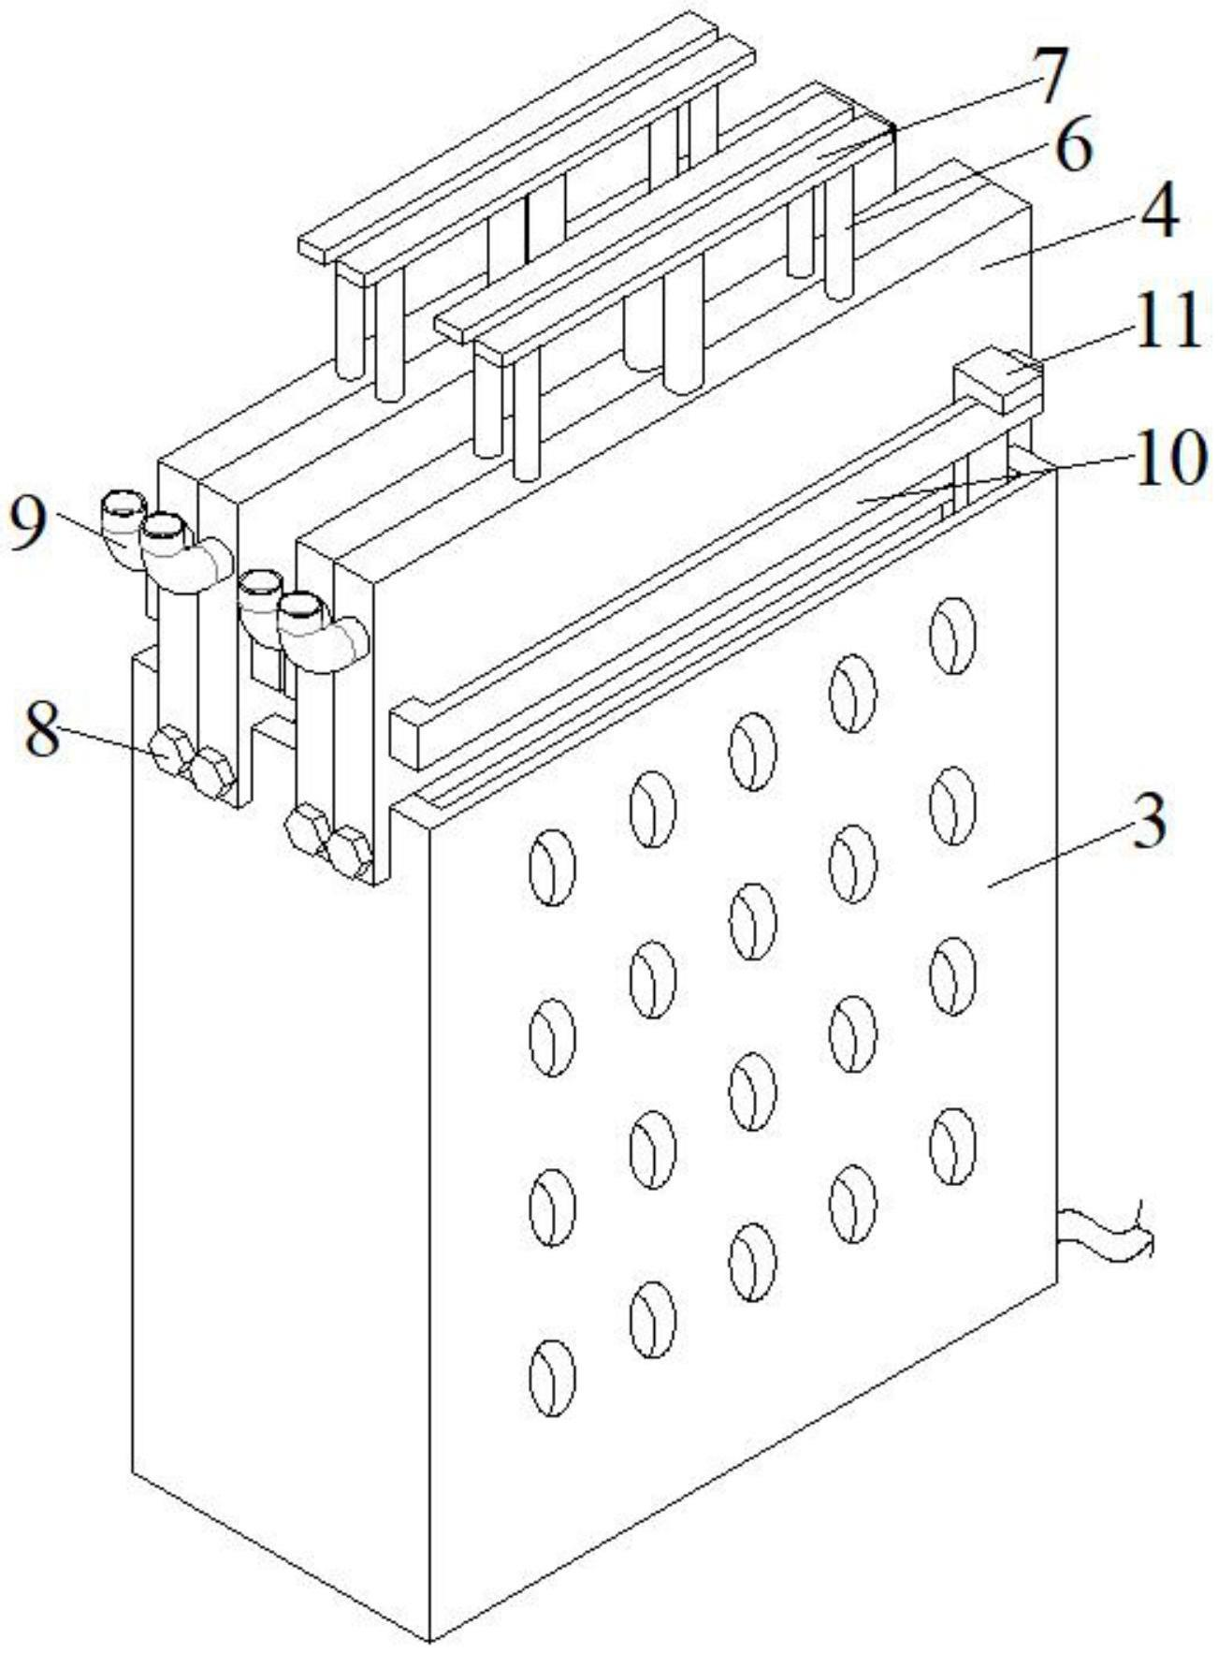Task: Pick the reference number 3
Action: pyautogui.click(x=1150, y=821)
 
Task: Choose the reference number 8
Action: pyautogui.click(x=43, y=730)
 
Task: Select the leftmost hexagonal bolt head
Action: pyautogui.click(x=171, y=750)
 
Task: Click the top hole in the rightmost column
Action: pyautogui.click(x=952, y=635)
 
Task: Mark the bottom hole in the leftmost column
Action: pyautogui.click(x=552, y=1377)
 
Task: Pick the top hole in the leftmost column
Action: pyautogui.click(x=552, y=868)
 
